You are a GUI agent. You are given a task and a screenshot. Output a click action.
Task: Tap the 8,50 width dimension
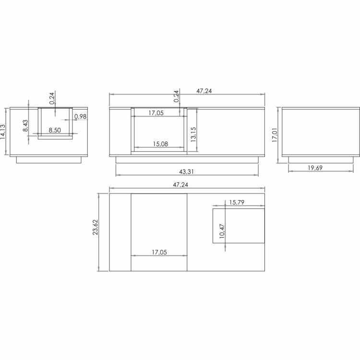[54, 130]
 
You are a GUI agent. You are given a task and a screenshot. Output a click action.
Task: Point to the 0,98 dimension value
[81, 117]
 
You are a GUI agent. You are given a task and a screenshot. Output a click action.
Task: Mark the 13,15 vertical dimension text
[193, 134]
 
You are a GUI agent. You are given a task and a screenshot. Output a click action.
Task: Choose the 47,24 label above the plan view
[187, 184]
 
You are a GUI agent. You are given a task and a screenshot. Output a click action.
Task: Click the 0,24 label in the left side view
[52, 98]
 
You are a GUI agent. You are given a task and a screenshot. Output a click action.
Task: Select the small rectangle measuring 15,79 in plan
[239, 226]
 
